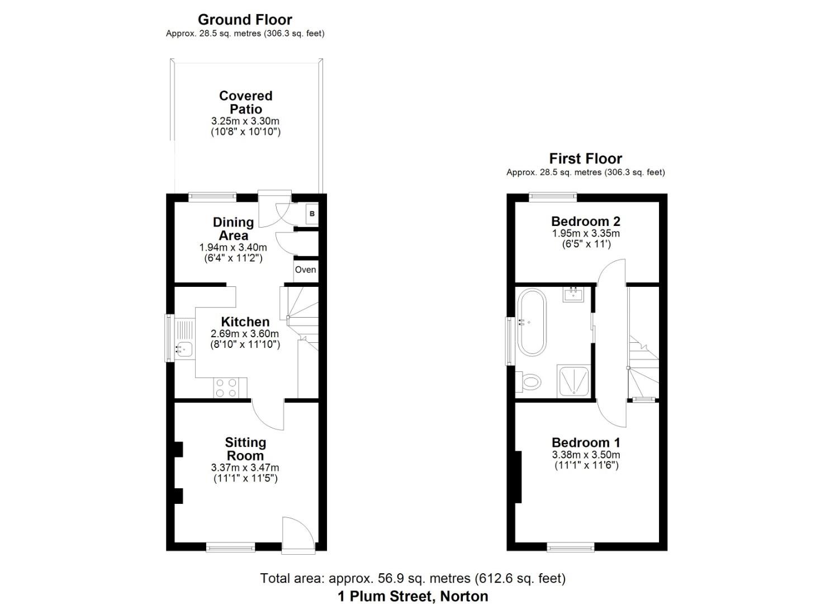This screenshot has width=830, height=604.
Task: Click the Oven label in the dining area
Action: point(305,270)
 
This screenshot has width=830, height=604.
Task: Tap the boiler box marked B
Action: point(312,214)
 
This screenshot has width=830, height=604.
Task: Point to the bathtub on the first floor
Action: point(531,322)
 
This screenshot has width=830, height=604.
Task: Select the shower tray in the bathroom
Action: point(573,380)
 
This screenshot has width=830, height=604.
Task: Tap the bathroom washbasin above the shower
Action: point(573,294)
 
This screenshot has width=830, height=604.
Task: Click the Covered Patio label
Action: point(245,102)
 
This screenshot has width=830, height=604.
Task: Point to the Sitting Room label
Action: point(245,449)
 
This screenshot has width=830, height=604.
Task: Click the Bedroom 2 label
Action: point(585,221)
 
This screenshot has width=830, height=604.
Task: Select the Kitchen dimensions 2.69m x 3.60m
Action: point(245,334)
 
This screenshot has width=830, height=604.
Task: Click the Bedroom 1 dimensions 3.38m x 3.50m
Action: point(586,455)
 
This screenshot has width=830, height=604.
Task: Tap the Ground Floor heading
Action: point(245,20)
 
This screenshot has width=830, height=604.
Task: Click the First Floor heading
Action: point(585,158)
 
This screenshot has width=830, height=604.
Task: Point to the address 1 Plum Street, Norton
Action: point(412,596)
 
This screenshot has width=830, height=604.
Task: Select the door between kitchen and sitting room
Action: point(267,414)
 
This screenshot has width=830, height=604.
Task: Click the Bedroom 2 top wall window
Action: point(553,196)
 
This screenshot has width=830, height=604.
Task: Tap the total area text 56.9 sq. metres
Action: point(412,578)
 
